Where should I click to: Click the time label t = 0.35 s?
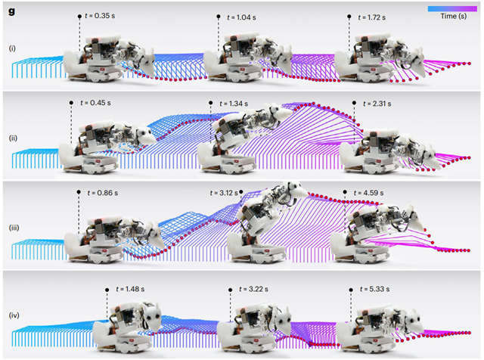pyautogui.click(x=100, y=16)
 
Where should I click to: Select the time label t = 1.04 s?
pyautogui.click(x=241, y=17)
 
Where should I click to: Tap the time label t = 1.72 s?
pyautogui.click(x=371, y=17)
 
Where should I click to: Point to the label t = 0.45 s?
pyautogui.click(x=95, y=103)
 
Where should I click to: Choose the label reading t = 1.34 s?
pyautogui.click(x=234, y=104)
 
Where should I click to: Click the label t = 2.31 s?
pyautogui.click(x=377, y=104)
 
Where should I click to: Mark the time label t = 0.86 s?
pyautogui.click(x=103, y=193)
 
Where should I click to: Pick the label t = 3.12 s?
pyautogui.click(x=224, y=193)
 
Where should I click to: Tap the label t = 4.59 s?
pyautogui.click(x=368, y=193)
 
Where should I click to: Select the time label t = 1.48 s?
pyautogui.click(x=130, y=290)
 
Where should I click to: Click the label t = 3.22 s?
pyautogui.click(x=253, y=290)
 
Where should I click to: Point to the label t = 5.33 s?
pyautogui.click(x=374, y=290)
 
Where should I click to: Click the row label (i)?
pyautogui.click(x=12, y=48)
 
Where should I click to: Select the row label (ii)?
pyautogui.click(x=13, y=138)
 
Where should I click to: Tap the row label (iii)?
pyautogui.click(x=14, y=228)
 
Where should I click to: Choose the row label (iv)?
pyautogui.click(x=14, y=315)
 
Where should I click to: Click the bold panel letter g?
pyautogui.click(x=12, y=11)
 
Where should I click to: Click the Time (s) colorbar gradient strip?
pyautogui.click(x=452, y=9)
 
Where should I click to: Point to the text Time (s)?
pyautogui.click(x=454, y=17)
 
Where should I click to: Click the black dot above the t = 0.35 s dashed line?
pyautogui.click(x=79, y=17)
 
